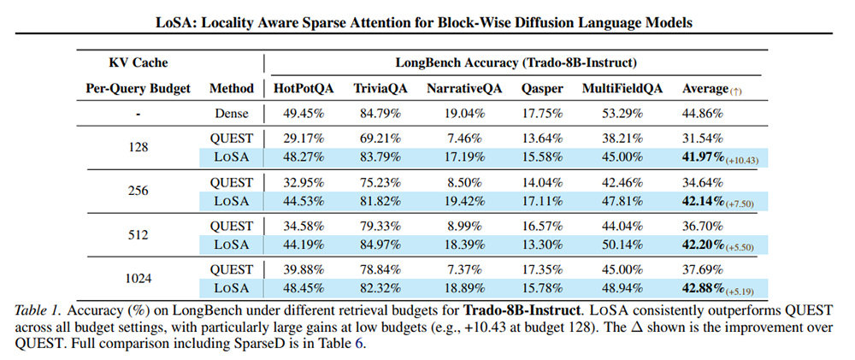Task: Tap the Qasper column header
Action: [543, 88]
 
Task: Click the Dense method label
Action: [232, 114]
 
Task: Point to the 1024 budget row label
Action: [139, 278]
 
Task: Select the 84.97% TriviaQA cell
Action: [380, 245]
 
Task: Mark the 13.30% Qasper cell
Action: [543, 245]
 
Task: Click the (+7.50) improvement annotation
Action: [740, 204]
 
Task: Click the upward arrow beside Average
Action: [736, 91]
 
